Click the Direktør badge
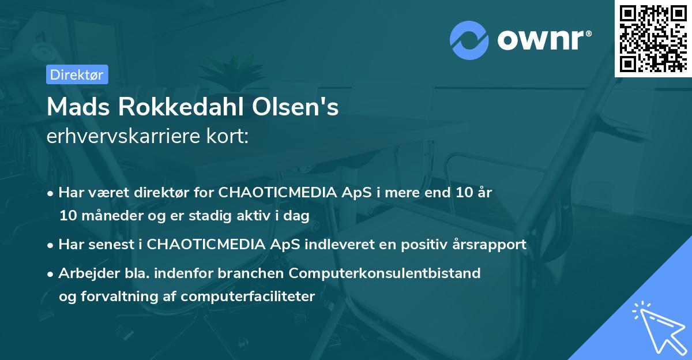(77, 74)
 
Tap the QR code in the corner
(653, 38)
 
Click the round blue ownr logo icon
(469, 40)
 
